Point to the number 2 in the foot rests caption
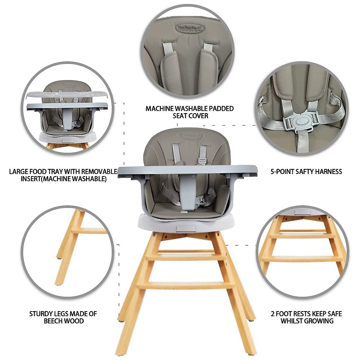tap(273, 314)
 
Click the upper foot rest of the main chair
tap(186, 257)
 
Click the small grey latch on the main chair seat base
tap(182, 229)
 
